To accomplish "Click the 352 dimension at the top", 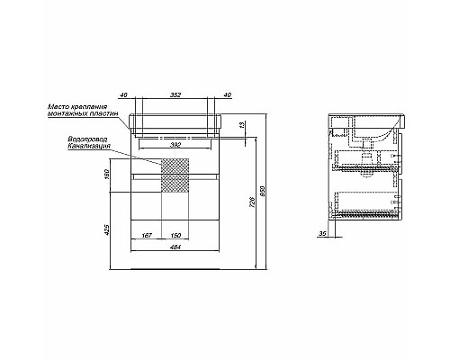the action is [x=175, y=95].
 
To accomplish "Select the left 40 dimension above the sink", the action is [x=123, y=95].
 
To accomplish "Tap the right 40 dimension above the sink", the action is [x=228, y=95].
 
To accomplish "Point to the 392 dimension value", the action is [x=175, y=145].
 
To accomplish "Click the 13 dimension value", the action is [x=243, y=124].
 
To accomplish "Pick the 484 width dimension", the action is [x=175, y=247].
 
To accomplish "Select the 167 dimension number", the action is [x=147, y=236].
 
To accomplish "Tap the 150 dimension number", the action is [x=175, y=236].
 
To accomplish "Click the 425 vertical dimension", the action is [x=108, y=229].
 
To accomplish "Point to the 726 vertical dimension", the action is [x=252, y=202].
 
